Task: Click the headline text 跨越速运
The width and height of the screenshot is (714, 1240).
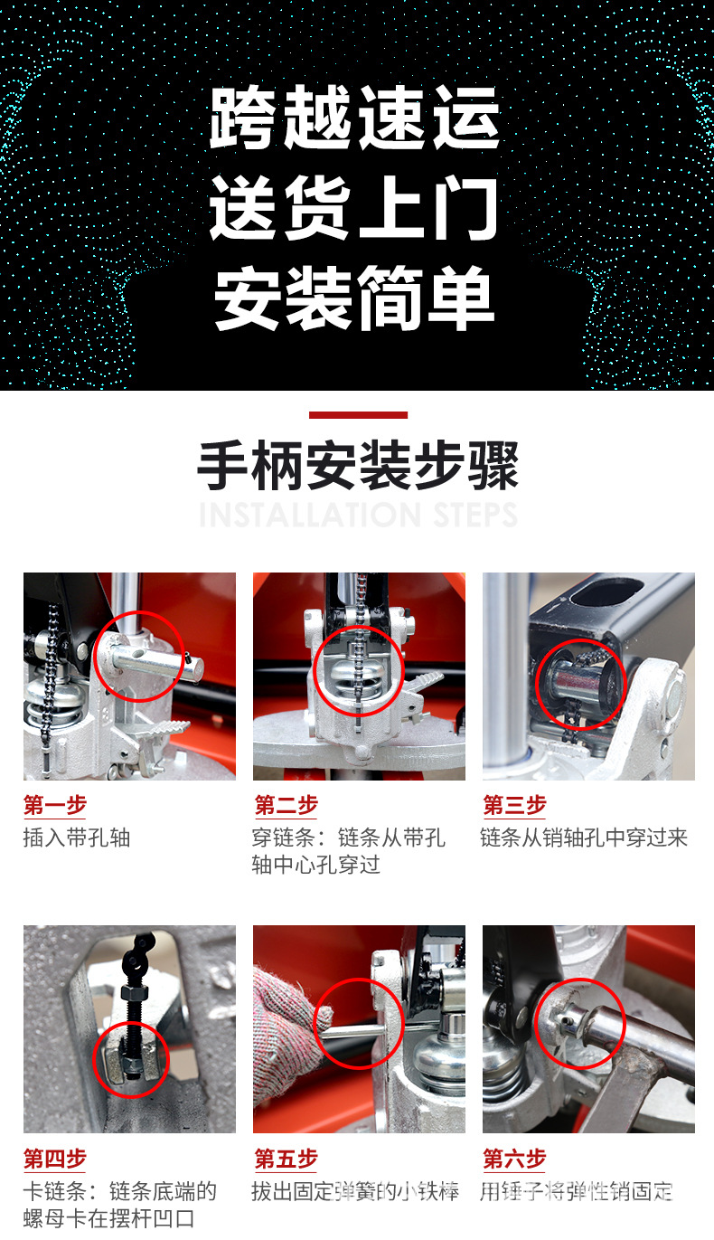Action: pos(355,119)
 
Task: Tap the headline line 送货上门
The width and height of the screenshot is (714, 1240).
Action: pos(355,210)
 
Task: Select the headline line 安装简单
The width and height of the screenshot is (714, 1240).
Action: pos(355,298)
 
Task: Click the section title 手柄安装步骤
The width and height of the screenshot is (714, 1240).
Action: pos(358,467)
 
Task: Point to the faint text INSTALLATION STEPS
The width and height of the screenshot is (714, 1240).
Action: pos(358,515)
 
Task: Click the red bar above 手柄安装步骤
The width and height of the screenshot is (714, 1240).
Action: pos(358,415)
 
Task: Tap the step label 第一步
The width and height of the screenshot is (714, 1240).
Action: pos(55,805)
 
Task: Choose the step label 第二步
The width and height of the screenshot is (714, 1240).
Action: pos(286,805)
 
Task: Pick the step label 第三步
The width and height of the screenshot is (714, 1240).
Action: pos(514,805)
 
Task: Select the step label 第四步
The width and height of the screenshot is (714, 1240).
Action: pos(55,1159)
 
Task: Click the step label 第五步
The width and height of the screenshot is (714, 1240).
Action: pos(286,1159)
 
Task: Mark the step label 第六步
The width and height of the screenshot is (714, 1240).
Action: pos(514,1159)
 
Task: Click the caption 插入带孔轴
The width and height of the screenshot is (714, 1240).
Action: pos(77,838)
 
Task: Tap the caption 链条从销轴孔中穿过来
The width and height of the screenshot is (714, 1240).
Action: pos(584,838)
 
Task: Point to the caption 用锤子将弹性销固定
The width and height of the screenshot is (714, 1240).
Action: pos(577,1191)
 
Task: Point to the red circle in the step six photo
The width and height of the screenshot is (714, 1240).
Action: pos(580,1022)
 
